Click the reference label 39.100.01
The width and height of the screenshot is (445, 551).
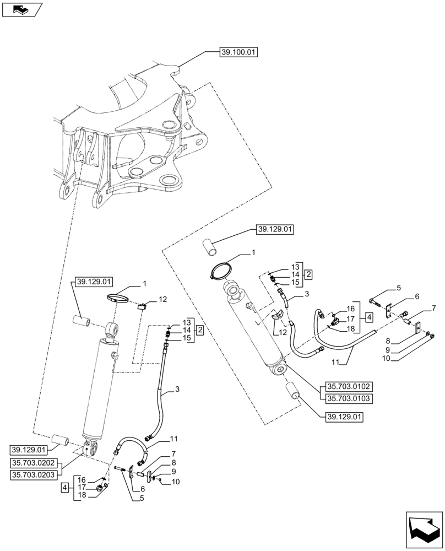coord(239,52)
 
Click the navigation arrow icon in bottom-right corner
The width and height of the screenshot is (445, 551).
coord(423,530)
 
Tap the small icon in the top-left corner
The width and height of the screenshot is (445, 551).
coord(21,9)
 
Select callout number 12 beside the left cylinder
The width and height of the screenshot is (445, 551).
coord(162,299)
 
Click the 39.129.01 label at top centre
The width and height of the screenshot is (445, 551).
coord(275,229)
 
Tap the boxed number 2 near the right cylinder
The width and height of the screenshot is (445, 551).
coord(309,274)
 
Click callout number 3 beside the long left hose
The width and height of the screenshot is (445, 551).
coord(177,390)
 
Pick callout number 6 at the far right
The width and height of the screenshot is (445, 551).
coord(417,296)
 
